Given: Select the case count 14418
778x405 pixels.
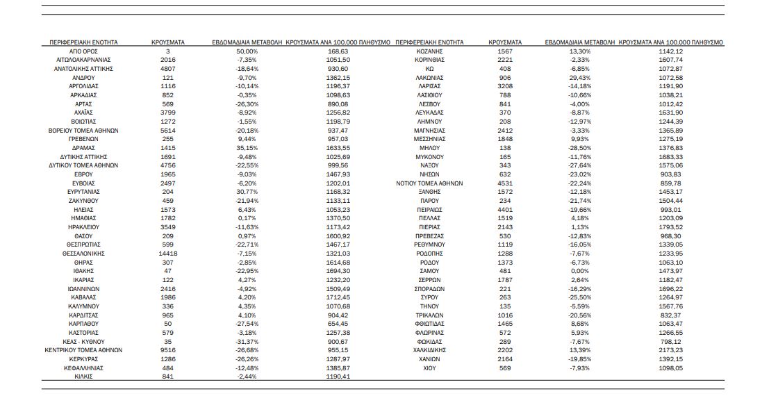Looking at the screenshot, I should tap(167, 254).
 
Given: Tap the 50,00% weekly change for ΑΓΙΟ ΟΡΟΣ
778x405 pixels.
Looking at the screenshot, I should tap(247, 51).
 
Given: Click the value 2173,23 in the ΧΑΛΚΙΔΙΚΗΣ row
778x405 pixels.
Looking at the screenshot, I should tap(670, 350).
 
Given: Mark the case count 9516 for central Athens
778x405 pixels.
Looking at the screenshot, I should tap(167, 350).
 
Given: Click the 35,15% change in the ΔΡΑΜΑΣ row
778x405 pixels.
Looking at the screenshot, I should tap(247, 148).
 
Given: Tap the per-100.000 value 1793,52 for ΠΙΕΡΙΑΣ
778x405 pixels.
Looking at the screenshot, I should tap(670, 227).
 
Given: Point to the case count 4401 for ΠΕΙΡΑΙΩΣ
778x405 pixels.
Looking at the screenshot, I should tap(505, 210).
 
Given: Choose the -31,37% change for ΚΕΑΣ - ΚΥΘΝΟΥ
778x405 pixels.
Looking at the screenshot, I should tap(247, 341).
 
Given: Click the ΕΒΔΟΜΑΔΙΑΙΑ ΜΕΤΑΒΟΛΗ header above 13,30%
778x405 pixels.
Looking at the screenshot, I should tap(579, 42).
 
